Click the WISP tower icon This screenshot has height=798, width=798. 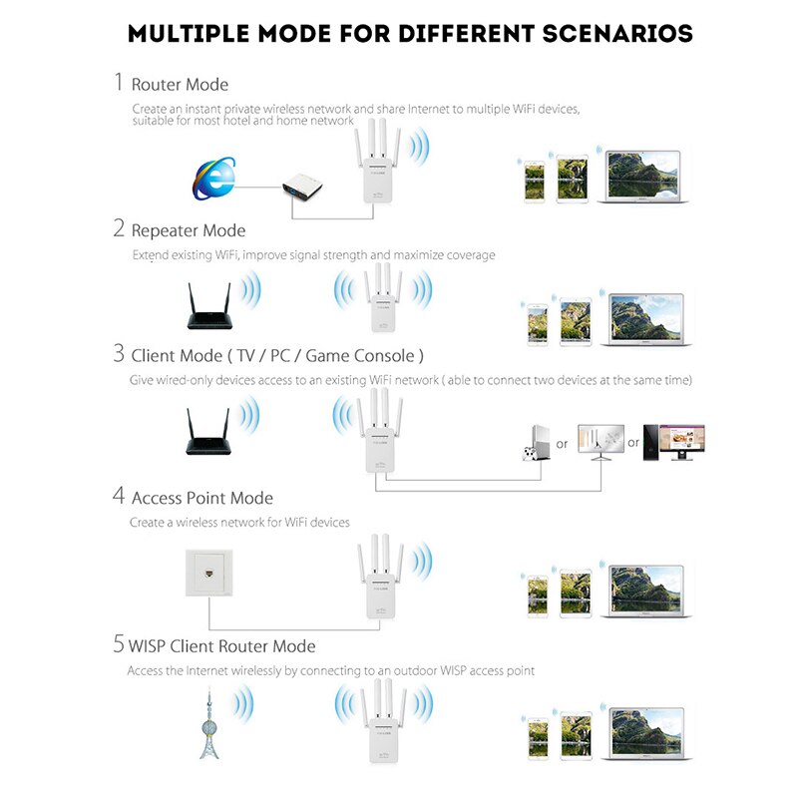pos(209,722)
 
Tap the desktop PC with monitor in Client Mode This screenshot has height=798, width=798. pos(673,440)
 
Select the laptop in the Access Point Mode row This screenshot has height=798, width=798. pos(644,594)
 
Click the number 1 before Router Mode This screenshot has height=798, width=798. pos(119,83)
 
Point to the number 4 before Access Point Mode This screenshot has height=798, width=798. pos(119,496)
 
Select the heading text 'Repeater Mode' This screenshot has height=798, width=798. pos(188,230)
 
